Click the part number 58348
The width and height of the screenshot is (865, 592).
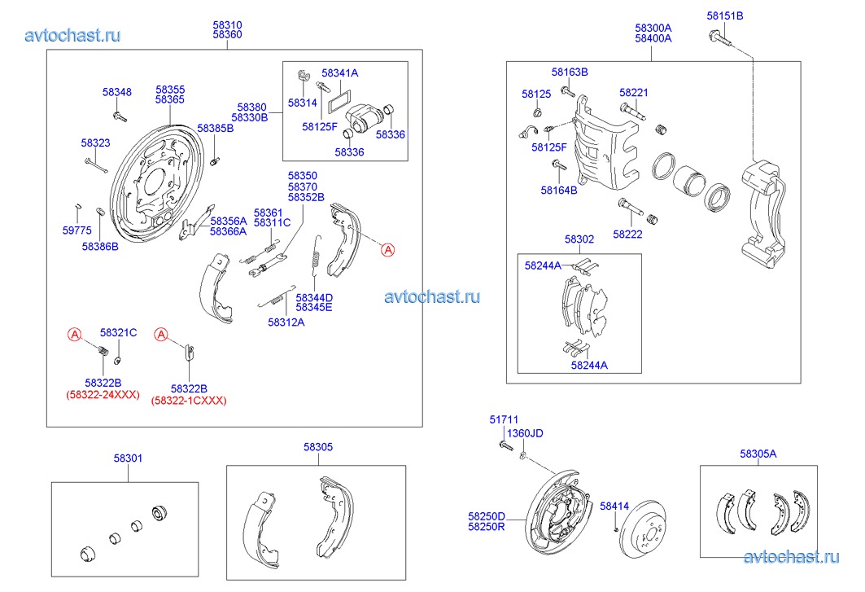click(x=116, y=93)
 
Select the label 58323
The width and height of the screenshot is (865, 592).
click(x=95, y=143)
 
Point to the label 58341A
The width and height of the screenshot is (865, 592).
click(x=339, y=72)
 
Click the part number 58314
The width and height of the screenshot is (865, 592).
click(x=302, y=103)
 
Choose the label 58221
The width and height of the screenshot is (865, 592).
click(x=633, y=93)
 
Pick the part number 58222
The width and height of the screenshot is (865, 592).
click(x=627, y=235)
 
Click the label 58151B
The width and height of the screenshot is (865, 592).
click(x=724, y=15)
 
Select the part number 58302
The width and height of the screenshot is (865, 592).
click(x=579, y=239)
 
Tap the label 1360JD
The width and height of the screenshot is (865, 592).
click(x=525, y=433)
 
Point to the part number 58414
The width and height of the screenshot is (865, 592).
click(x=614, y=506)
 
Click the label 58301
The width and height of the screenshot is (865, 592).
click(x=128, y=458)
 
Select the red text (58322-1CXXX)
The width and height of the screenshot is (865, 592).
click(x=189, y=400)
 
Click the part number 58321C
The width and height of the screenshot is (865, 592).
click(x=118, y=332)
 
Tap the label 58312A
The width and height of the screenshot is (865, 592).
click(x=286, y=322)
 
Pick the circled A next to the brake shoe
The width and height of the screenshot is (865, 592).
click(x=388, y=250)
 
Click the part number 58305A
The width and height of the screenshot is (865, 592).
click(x=758, y=454)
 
